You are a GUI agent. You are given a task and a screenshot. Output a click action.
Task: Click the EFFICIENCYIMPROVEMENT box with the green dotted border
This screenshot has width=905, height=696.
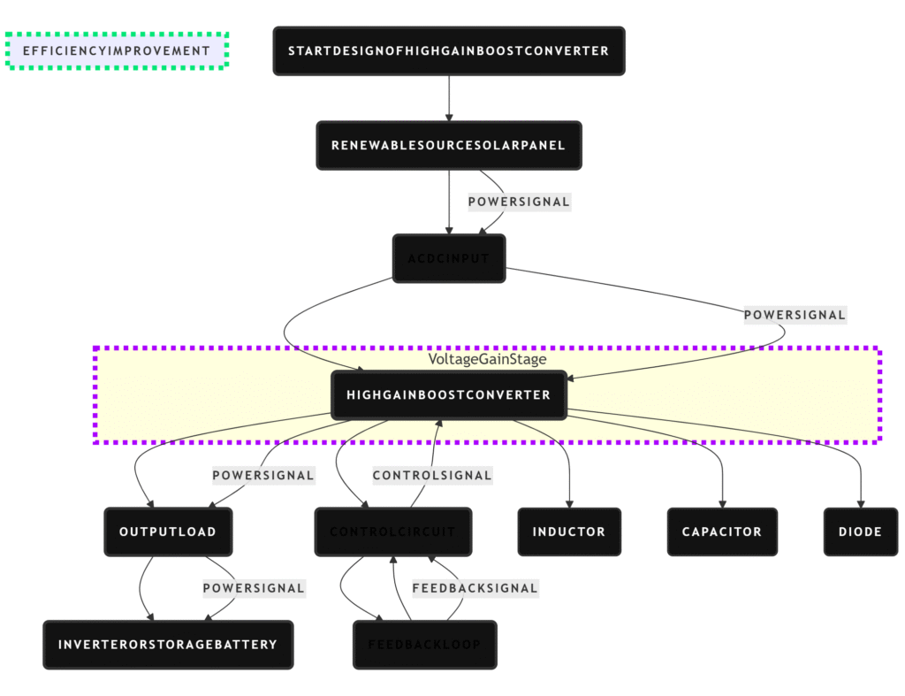tap(118, 50)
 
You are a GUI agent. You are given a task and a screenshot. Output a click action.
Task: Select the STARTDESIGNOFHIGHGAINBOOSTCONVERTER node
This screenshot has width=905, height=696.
tap(448, 50)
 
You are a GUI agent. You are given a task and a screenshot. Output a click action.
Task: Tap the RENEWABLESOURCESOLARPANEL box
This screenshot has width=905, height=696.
tap(448, 145)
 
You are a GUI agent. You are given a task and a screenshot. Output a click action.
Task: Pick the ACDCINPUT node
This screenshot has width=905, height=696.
tap(448, 258)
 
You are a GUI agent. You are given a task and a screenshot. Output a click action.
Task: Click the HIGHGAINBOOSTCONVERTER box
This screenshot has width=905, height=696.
tap(448, 394)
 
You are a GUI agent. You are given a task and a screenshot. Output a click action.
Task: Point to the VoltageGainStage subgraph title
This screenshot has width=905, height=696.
tap(487, 359)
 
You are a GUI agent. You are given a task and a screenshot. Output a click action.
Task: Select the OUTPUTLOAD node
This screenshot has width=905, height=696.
tap(168, 532)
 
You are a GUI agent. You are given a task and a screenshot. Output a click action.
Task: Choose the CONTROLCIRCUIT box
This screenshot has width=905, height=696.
tap(392, 532)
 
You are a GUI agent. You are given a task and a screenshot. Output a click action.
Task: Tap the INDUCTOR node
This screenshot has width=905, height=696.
tap(568, 532)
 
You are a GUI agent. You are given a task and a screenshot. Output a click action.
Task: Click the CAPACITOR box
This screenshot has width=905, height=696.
tap(722, 532)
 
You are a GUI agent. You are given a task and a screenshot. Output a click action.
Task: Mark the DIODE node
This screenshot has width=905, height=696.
tap(860, 532)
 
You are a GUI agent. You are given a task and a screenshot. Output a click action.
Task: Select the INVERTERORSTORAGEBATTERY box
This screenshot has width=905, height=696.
tap(168, 645)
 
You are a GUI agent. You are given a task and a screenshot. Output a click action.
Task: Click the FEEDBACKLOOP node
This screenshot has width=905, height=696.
tap(424, 645)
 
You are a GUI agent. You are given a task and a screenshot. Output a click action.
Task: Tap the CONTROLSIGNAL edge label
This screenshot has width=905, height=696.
tap(431, 476)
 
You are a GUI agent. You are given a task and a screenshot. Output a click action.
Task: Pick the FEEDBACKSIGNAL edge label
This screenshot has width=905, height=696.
tap(475, 588)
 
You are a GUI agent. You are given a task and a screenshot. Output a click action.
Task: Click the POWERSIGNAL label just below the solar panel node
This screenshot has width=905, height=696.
tap(519, 202)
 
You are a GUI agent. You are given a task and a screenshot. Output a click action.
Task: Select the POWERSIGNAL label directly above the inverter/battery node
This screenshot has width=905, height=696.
tap(254, 588)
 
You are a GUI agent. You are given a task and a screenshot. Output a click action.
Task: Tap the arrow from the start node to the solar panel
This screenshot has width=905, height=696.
tap(449, 97)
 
